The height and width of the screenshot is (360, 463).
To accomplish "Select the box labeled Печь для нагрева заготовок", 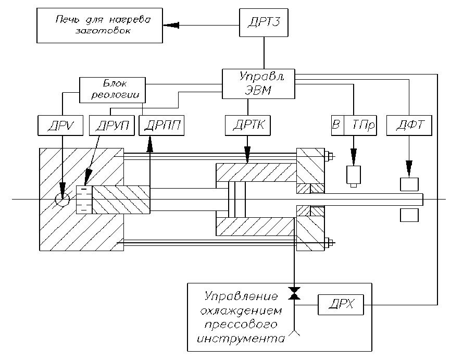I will pos(100,25).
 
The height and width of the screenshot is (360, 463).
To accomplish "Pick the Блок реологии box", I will pos(112,90).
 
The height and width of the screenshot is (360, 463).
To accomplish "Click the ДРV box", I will pos(57,126).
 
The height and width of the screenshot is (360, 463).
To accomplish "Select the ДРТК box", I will pos(247,126).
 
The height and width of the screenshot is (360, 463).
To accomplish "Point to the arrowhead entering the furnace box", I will pos(170,24).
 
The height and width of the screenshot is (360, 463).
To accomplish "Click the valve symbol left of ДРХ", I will pos(294,293).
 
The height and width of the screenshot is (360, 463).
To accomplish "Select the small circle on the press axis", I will pos(62,199).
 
